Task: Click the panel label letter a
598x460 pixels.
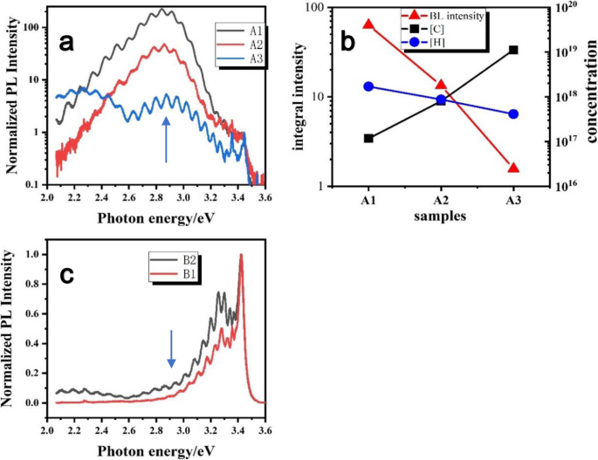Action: point(66,43)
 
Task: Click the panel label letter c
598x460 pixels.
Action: point(66,275)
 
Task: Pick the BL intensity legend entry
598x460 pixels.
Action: point(455,15)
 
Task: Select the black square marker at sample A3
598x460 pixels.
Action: point(513,50)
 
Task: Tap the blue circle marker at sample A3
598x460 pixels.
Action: point(513,114)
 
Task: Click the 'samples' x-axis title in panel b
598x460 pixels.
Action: point(440,213)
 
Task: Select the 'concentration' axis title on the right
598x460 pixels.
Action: point(591,96)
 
